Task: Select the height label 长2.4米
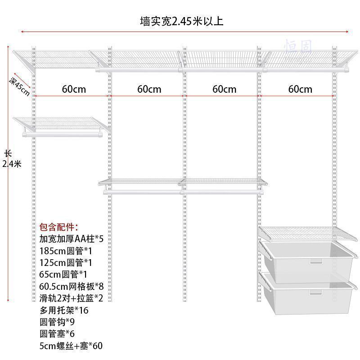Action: pyautogui.click(x=11, y=159)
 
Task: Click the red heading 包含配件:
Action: pyautogui.click(x=58, y=226)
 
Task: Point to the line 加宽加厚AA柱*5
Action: pyautogui.click(x=74, y=238)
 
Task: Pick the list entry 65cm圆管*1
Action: pyautogui.click(x=63, y=274)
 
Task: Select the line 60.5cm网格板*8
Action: pyautogui.click(x=75, y=286)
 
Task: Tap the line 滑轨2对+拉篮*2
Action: pyautogui.click(x=75, y=297)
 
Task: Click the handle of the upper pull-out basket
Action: pyautogui.click(x=316, y=261)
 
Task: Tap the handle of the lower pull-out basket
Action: pyautogui.click(x=316, y=292)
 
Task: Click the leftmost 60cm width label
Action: pyautogui.click(x=74, y=89)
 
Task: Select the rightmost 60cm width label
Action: pyautogui.click(x=300, y=89)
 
